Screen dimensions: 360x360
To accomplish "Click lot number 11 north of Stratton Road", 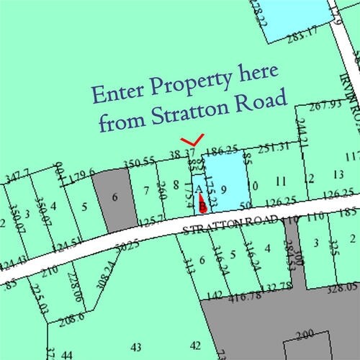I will point(282,180).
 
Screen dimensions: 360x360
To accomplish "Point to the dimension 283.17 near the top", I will point(300,32).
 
